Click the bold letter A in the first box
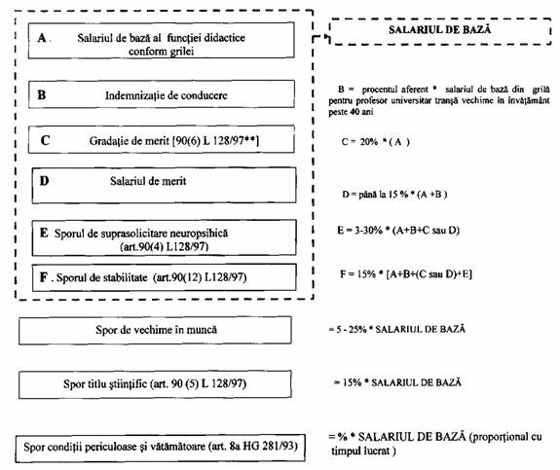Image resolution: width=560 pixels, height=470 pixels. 42,38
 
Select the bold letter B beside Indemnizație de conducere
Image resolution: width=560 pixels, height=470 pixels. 42,95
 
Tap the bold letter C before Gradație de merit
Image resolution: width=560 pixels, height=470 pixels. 45,140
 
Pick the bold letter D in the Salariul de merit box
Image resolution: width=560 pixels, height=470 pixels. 44,181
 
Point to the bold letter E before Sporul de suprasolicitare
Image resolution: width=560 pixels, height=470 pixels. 44,233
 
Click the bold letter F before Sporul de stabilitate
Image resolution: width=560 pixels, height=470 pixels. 44,277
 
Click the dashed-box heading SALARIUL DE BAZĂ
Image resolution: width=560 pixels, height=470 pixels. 439,29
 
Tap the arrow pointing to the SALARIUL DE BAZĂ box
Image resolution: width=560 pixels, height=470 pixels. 320,37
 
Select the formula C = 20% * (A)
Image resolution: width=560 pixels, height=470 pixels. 375,142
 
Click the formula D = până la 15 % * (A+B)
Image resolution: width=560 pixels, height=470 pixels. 394,195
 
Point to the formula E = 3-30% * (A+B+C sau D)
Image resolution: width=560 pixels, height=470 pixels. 398,231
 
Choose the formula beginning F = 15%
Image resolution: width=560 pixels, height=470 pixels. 406,274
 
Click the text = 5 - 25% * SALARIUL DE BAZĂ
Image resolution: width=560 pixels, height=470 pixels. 396,329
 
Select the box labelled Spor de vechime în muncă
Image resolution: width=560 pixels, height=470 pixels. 155,330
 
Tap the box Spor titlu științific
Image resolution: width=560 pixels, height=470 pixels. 155,384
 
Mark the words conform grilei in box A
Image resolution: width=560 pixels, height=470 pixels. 161,52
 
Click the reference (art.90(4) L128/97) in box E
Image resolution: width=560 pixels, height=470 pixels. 165,246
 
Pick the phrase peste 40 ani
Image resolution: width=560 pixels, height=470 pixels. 351,112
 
